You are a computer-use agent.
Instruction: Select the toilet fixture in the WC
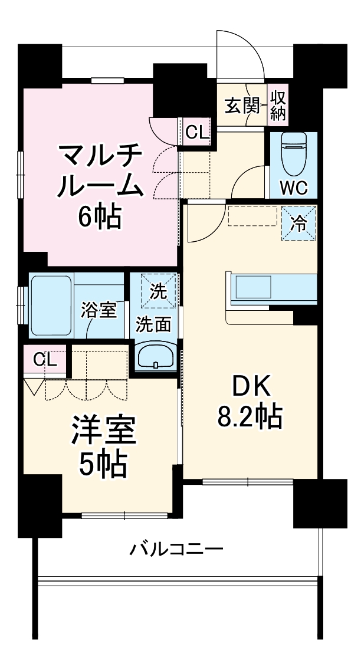tap(293, 155)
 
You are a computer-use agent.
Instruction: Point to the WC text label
tap(294, 189)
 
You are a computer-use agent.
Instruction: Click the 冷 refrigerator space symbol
tap(298, 222)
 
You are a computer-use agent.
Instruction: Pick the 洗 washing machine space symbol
tap(159, 291)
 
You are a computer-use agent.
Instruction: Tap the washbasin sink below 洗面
tap(156, 356)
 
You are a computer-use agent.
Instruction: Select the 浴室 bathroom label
tap(99, 311)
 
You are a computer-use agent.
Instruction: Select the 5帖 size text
tap(103, 465)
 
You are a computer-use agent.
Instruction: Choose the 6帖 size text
tap(99, 216)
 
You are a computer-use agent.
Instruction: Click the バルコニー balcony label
tap(176, 549)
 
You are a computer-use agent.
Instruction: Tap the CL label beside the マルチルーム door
tap(198, 133)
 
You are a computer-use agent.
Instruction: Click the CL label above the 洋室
tap(45, 360)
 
